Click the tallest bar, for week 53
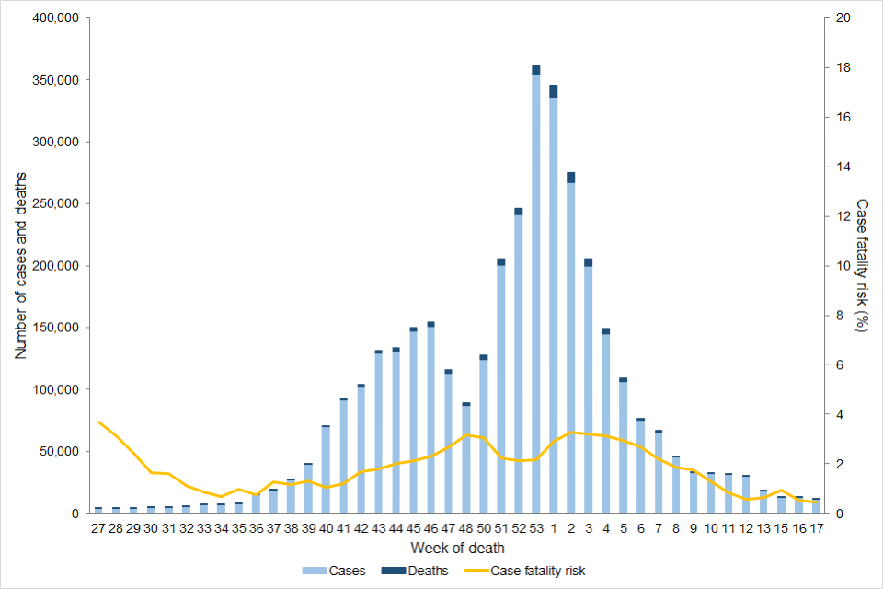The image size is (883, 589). [x=536, y=294]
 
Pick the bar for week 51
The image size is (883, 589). [x=501, y=387]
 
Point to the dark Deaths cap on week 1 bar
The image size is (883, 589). [x=554, y=91]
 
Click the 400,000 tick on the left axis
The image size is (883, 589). [x=57, y=18]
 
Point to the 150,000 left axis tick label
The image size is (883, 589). [x=57, y=328]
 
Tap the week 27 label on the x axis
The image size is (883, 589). [x=97, y=529]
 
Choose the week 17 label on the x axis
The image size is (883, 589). [x=816, y=529]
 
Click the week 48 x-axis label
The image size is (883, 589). [x=466, y=529]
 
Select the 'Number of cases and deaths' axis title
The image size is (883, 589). [x=20, y=265]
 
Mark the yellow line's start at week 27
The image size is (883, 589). [x=98, y=422]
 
